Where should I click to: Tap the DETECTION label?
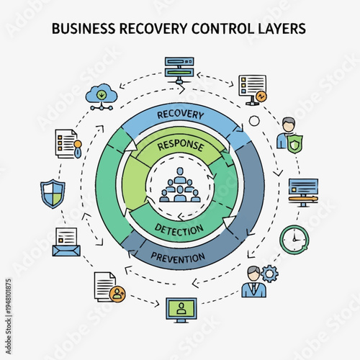[x=179, y=229]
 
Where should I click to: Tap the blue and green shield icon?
[x=53, y=194]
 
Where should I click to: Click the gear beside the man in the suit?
[x=270, y=274]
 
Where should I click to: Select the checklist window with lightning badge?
[x=252, y=89]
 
